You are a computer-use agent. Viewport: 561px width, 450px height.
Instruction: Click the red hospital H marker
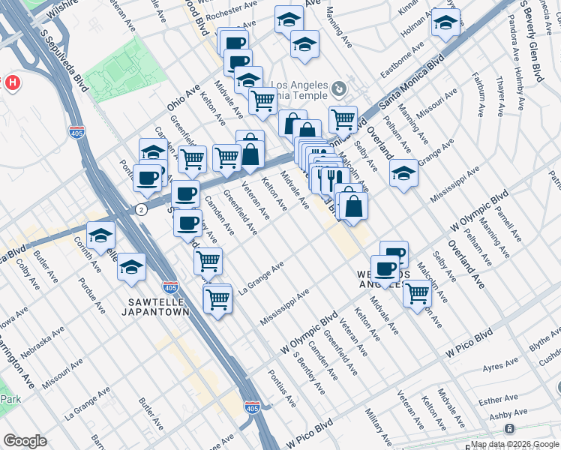[x=11, y=82]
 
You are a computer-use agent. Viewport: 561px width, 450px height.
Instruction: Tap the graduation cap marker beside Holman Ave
[x=445, y=23]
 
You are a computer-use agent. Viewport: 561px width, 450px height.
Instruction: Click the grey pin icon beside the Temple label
[x=339, y=89]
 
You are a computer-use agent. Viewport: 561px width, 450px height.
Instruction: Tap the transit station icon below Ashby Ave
[x=509, y=428]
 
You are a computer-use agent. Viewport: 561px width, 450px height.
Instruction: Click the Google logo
[x=25, y=441]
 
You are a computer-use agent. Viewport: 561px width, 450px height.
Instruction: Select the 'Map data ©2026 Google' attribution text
[x=514, y=444]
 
